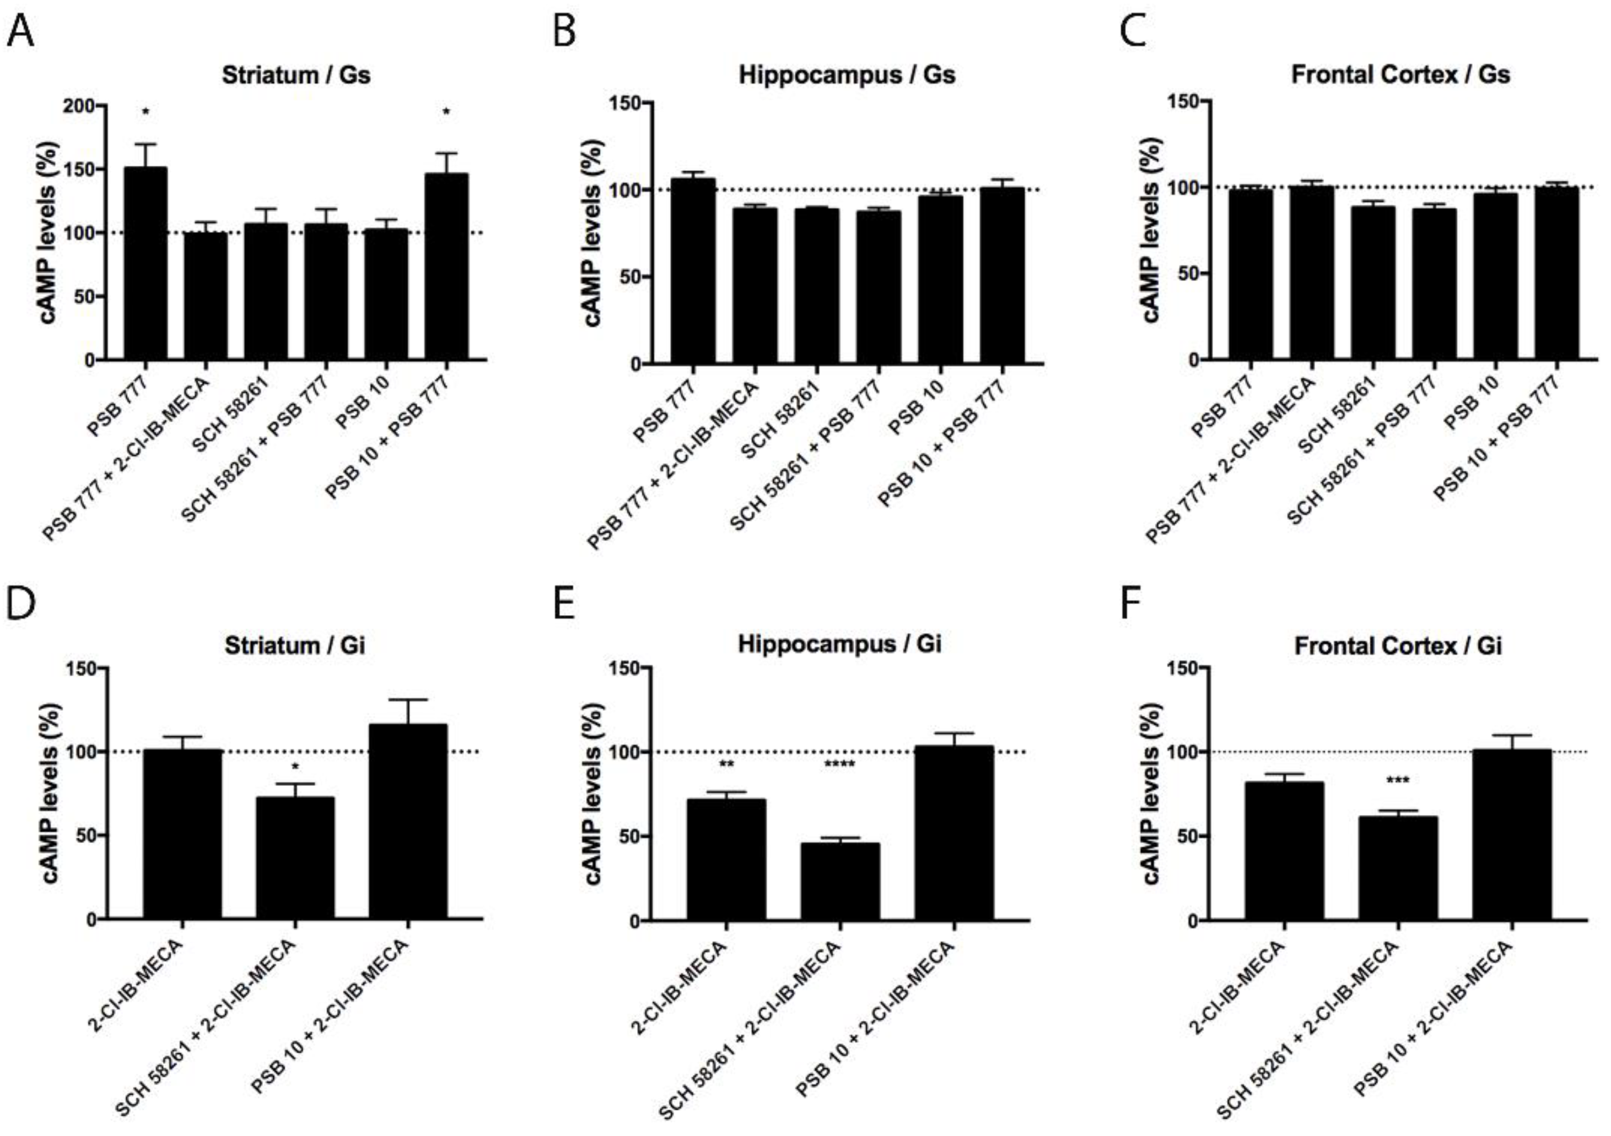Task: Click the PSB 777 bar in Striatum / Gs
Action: [146, 263]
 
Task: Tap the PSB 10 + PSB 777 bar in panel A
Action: [446, 267]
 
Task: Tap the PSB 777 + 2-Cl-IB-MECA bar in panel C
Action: [1311, 274]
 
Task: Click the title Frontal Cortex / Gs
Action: [1400, 74]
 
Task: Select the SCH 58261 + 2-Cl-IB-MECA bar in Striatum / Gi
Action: [295, 857]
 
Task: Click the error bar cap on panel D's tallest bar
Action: [408, 700]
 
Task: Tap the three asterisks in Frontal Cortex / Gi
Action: [1398, 780]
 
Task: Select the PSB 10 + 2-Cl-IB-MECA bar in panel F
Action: [1511, 834]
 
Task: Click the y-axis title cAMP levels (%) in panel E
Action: [593, 795]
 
